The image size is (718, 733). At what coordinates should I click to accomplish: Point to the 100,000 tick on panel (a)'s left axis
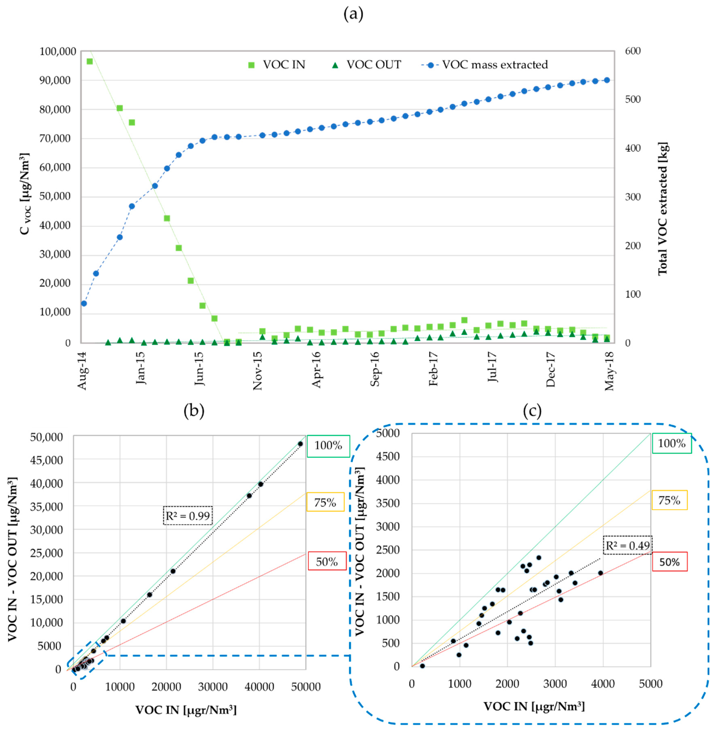coord(57,51)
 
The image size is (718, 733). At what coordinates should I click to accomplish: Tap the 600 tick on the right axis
coord(632,51)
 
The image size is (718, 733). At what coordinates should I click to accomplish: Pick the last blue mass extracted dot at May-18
coord(607,80)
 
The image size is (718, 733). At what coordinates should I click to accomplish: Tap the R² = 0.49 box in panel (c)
coord(627,545)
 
